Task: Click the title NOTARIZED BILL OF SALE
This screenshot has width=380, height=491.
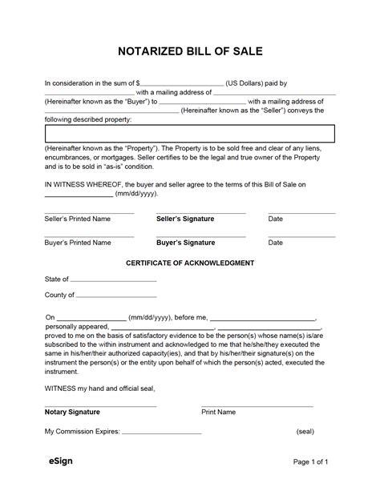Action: pos(190,52)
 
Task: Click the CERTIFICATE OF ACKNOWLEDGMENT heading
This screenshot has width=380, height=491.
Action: pos(190,263)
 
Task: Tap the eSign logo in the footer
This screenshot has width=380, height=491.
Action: pos(57,461)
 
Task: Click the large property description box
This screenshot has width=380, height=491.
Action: pos(189,133)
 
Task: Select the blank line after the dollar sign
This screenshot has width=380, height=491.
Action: pos(182,83)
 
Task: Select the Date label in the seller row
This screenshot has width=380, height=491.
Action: pos(275,219)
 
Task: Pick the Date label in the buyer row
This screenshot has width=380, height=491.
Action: pos(275,242)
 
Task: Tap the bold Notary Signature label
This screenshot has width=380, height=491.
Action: pos(72,412)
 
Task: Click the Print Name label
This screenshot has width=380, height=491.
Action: pos(218,412)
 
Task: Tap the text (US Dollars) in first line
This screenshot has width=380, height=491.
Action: pos(250,83)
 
